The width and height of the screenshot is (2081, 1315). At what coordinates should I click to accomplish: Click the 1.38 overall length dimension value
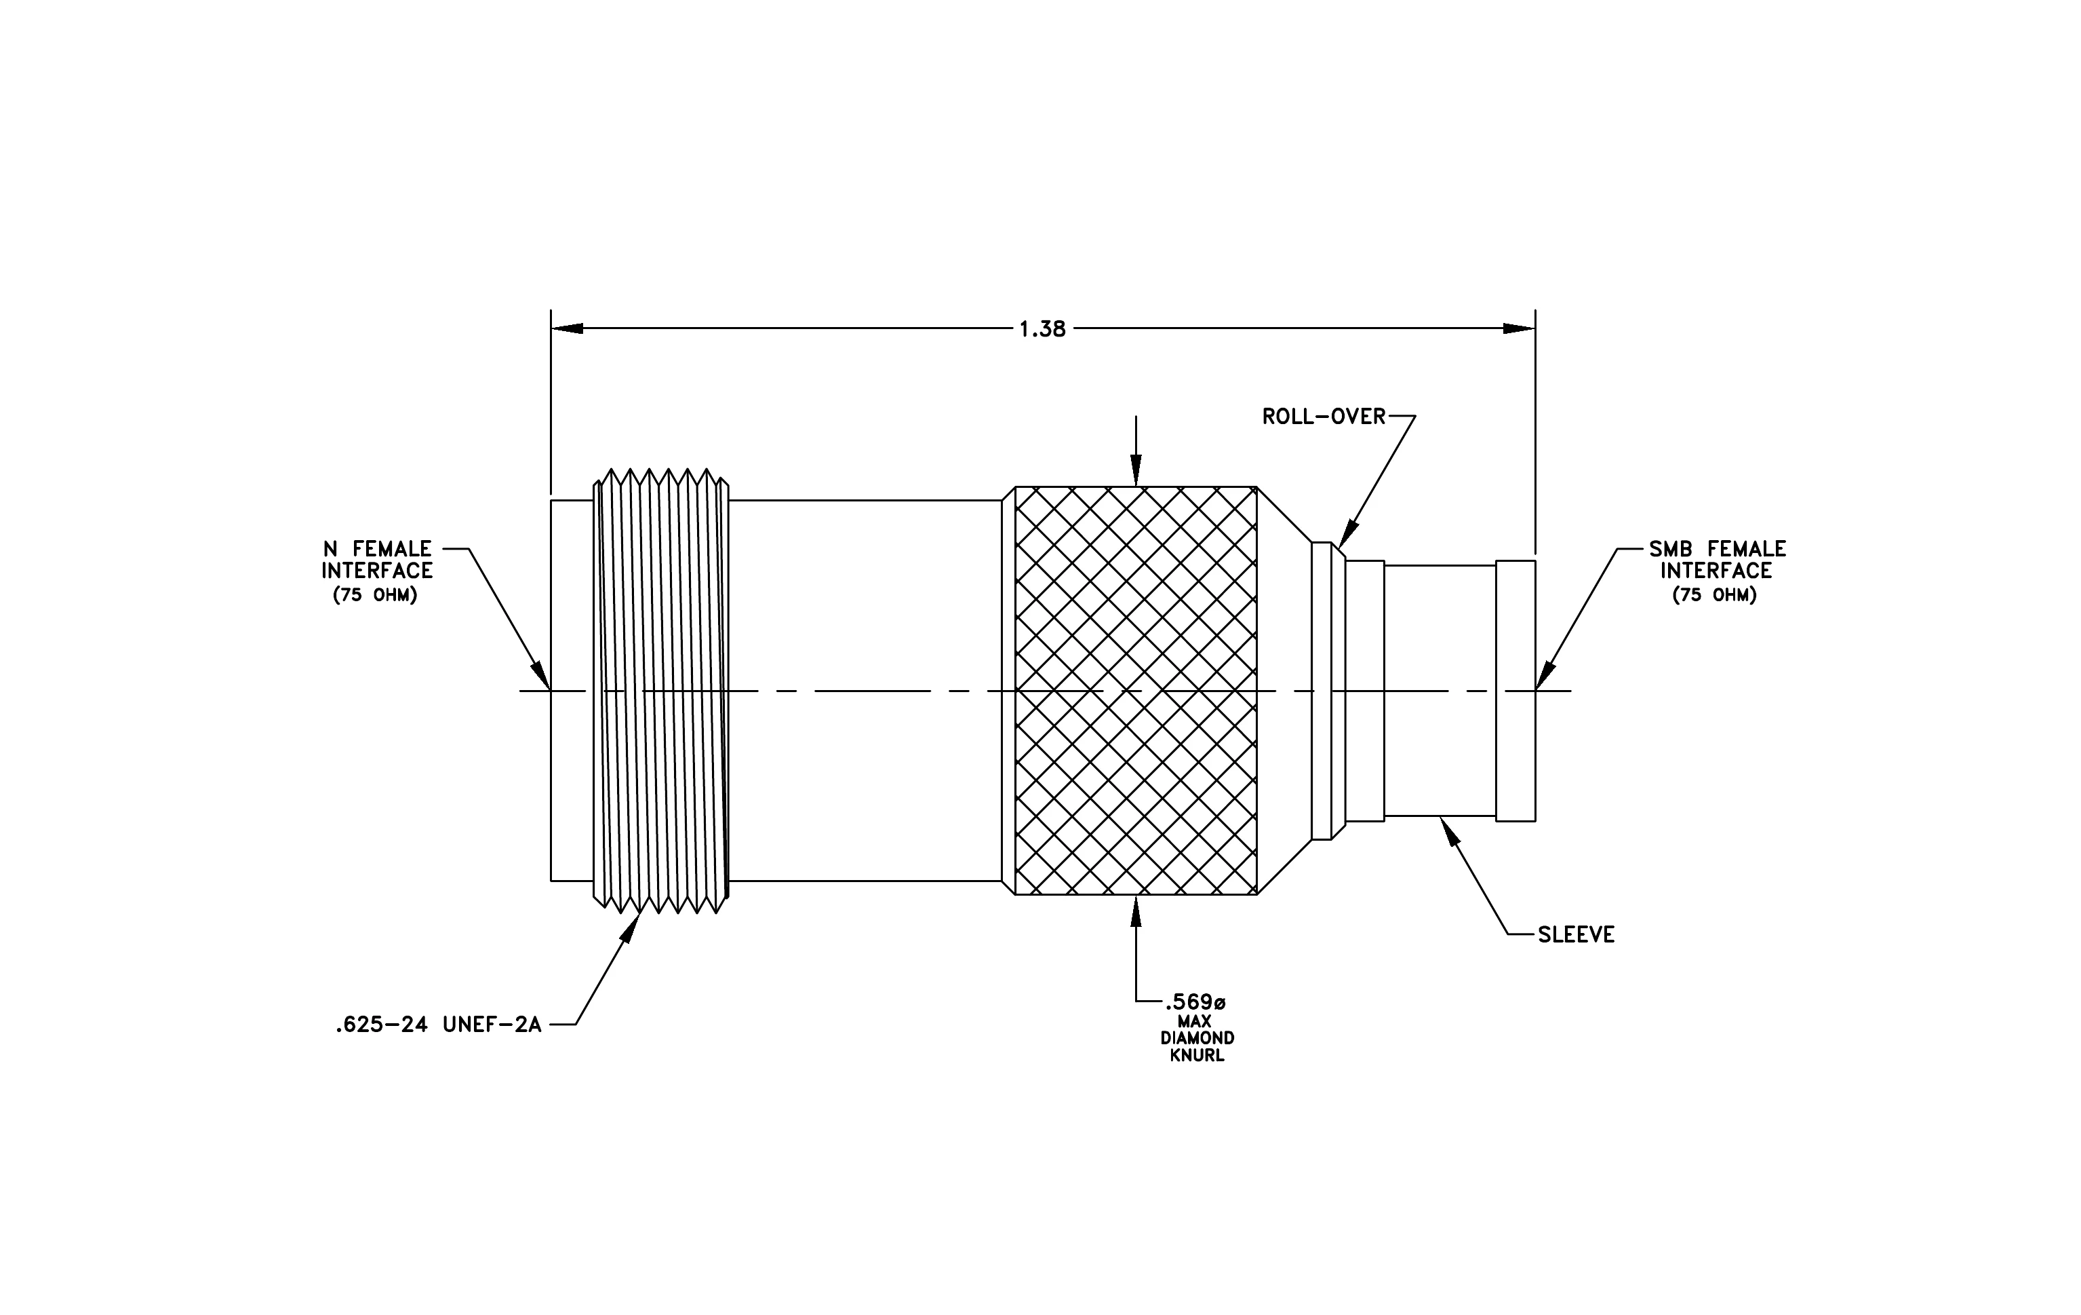[1042, 329]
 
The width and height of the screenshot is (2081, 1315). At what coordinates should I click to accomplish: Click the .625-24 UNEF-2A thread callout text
[438, 1025]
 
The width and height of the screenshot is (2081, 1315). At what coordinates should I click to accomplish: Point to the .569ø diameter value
[1195, 1003]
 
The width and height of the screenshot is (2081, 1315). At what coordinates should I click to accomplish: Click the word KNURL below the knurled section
[1197, 1056]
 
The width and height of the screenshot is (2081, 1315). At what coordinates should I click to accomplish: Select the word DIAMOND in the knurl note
[1197, 1038]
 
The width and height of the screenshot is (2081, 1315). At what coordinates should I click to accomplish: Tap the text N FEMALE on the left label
[378, 549]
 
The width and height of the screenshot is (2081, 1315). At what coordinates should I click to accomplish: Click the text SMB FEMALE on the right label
[1717, 549]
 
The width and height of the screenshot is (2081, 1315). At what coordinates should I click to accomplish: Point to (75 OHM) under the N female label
[376, 596]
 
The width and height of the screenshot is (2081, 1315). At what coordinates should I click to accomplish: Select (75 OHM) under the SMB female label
[1715, 596]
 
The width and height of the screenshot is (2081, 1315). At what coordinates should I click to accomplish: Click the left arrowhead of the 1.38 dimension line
[567, 328]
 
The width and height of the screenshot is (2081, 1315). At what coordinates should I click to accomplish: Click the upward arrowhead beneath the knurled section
[1136, 911]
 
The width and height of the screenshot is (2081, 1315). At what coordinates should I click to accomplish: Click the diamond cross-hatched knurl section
[1136, 691]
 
